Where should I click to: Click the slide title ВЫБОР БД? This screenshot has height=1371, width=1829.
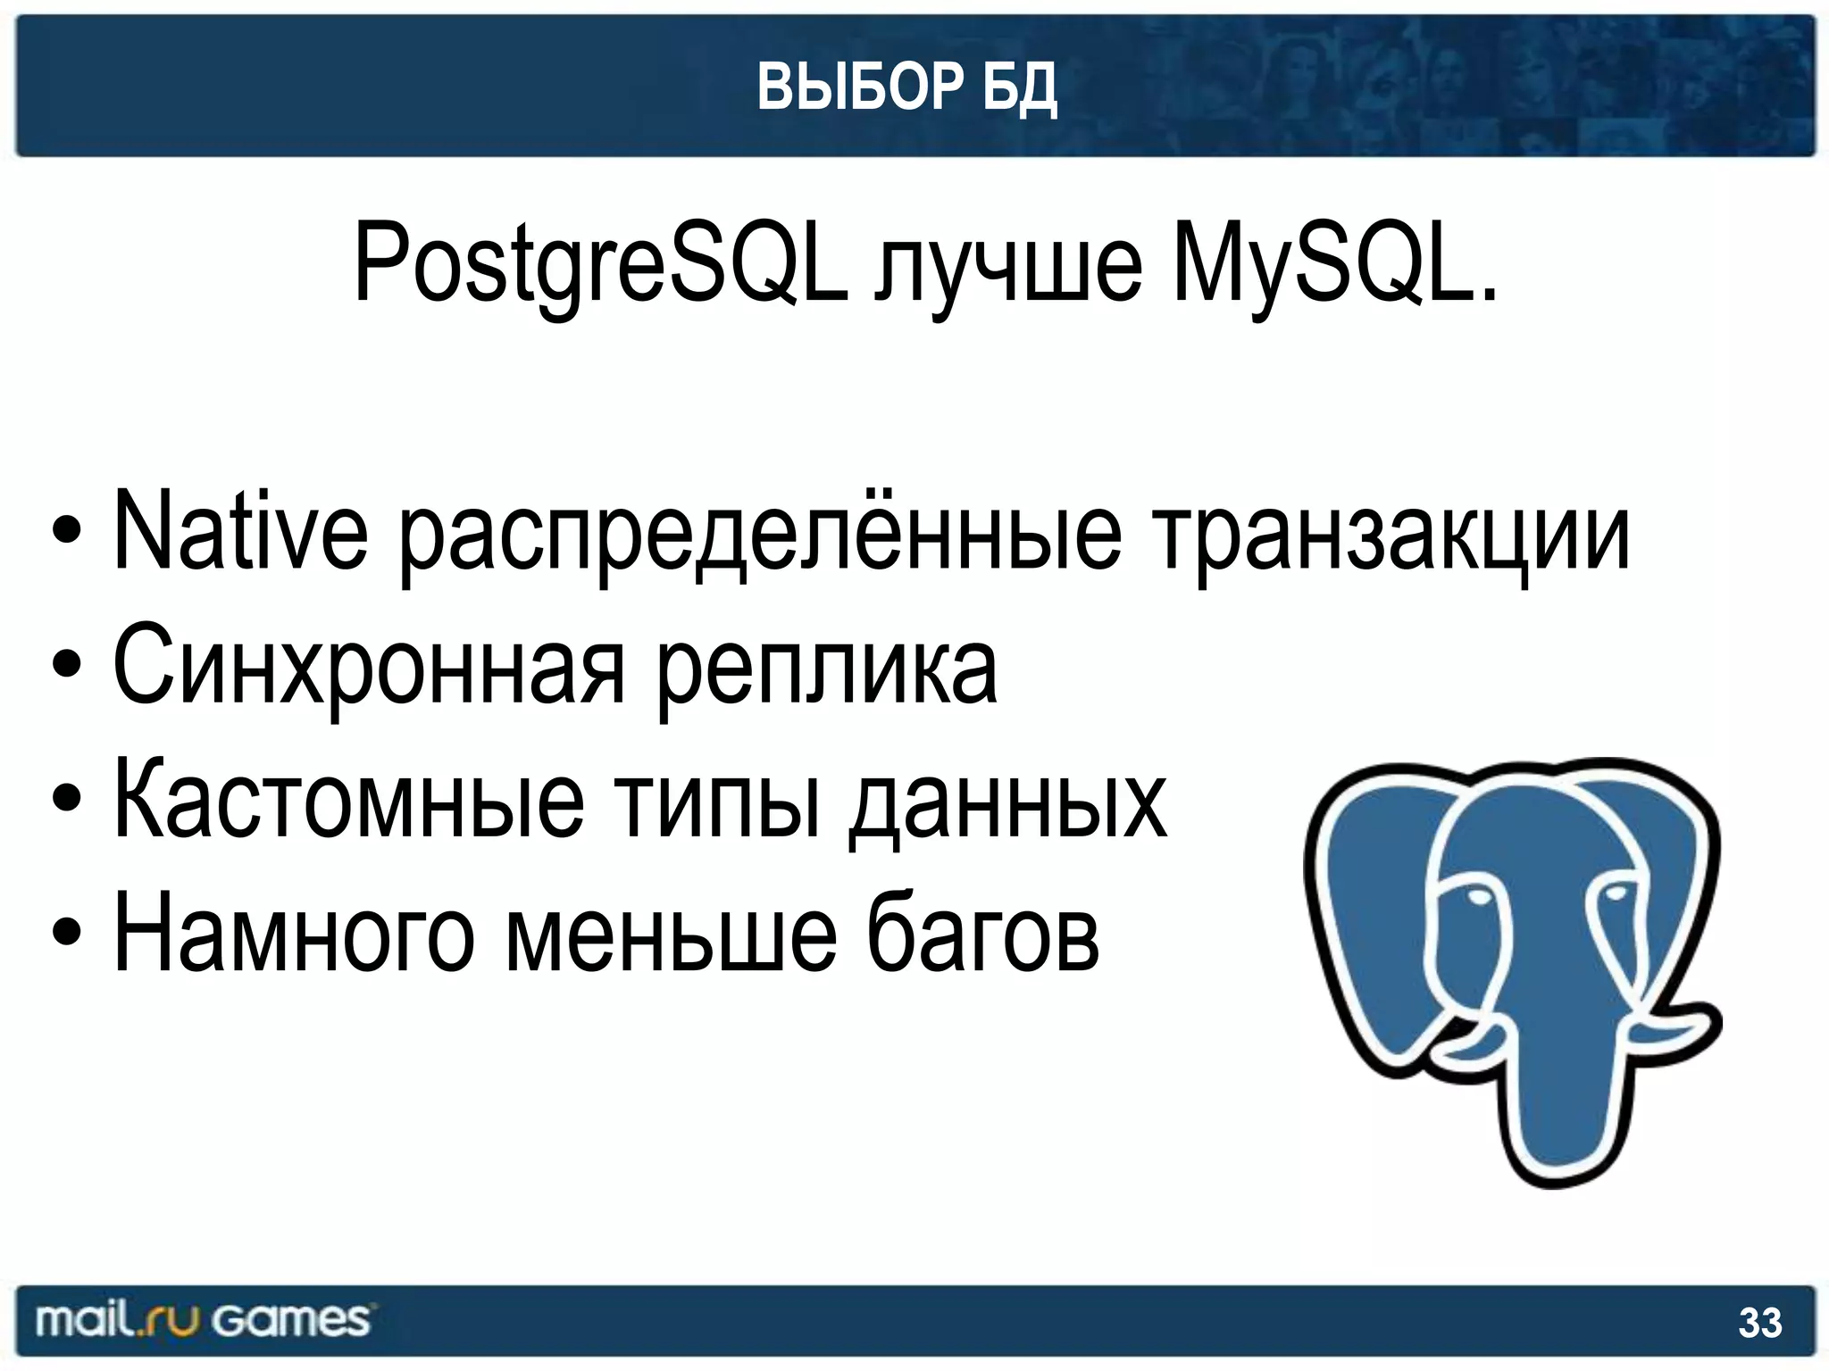click(x=906, y=87)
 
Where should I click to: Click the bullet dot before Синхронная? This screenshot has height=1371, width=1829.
click(x=67, y=665)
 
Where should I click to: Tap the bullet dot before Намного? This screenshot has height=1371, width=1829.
click(x=67, y=933)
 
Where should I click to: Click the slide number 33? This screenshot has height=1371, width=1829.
click(x=1759, y=1323)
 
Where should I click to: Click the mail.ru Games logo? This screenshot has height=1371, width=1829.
click(x=202, y=1320)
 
